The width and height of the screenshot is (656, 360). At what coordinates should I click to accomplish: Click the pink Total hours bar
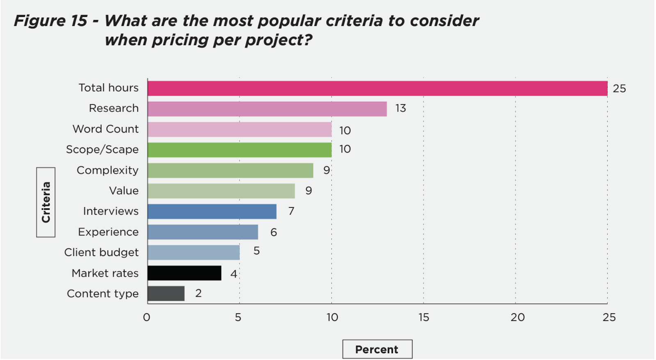(x=377, y=89)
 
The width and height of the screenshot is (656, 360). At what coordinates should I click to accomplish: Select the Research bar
(x=267, y=109)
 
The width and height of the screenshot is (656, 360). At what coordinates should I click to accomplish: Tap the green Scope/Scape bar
(x=239, y=150)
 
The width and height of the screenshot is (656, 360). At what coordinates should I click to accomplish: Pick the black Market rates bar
(x=184, y=273)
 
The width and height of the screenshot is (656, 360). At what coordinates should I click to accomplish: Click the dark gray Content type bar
(x=166, y=294)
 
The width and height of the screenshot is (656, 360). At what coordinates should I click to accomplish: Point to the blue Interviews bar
(x=212, y=212)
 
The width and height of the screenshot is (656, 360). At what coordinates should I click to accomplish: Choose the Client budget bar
(x=194, y=253)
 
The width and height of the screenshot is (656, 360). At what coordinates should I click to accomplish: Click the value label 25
(x=619, y=89)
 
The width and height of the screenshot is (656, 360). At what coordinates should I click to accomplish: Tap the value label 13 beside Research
(x=401, y=108)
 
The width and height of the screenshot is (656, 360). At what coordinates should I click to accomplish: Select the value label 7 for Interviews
(x=291, y=211)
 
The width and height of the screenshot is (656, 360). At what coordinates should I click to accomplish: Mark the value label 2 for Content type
(x=198, y=293)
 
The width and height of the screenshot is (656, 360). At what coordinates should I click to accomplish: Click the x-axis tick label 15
(x=424, y=317)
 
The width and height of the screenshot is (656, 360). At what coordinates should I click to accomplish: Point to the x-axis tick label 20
(x=517, y=317)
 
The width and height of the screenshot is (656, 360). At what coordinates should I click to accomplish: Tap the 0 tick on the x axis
(x=146, y=317)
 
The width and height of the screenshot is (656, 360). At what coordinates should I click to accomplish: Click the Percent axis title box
(x=377, y=349)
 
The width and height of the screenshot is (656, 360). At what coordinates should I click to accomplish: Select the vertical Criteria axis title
(x=46, y=202)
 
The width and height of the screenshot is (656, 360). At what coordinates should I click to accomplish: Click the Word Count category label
(x=106, y=129)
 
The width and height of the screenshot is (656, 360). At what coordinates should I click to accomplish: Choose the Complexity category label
(x=107, y=170)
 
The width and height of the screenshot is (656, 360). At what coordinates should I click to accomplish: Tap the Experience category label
(x=108, y=232)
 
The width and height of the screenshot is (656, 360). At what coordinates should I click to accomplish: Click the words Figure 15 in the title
(x=50, y=21)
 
